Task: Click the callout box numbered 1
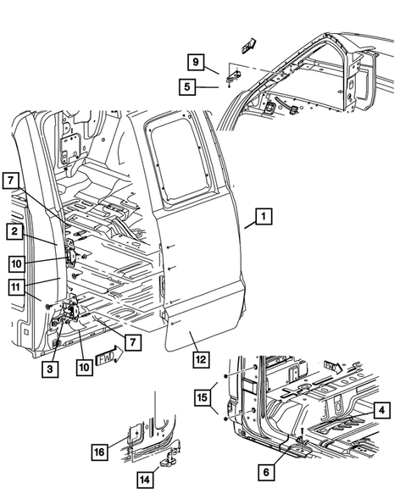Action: [264, 218]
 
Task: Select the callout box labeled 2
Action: [17, 230]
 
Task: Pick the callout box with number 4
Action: [381, 410]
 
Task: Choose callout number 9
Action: [195, 61]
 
